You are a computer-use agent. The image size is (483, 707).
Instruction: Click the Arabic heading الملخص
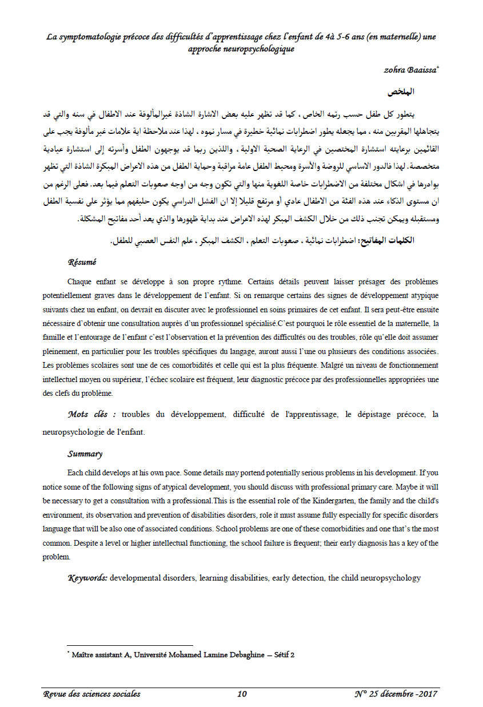click(401, 92)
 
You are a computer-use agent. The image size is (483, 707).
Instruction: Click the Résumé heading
click(82, 262)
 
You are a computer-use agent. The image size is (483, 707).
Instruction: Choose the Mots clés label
click(92, 414)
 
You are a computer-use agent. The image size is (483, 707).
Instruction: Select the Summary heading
click(85, 454)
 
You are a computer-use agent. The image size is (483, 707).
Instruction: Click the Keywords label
click(87, 578)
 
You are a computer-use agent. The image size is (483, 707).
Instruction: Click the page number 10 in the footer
click(242, 694)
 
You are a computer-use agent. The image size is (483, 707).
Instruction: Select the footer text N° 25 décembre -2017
click(396, 694)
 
